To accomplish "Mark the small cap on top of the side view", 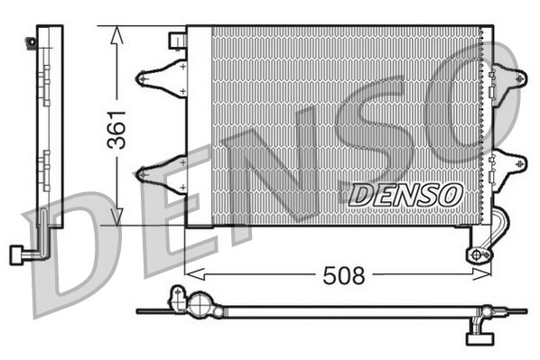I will (x=33, y=41).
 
